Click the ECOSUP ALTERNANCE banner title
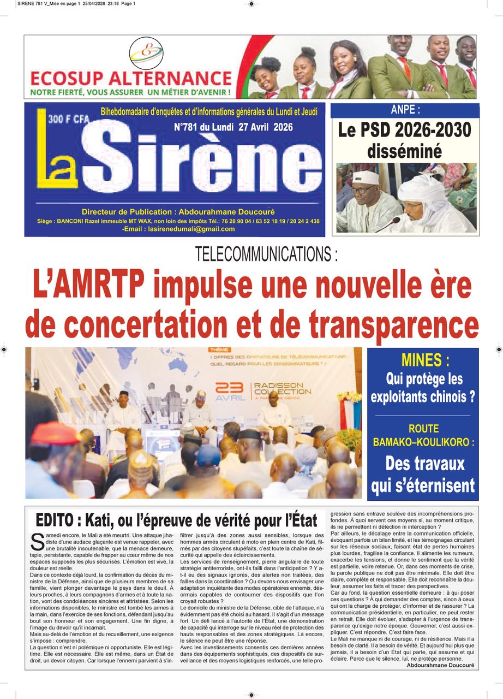[x=131, y=78]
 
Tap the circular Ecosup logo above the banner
[x=146, y=53]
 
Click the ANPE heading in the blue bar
[x=405, y=110]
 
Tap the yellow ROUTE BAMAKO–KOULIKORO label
[x=423, y=435]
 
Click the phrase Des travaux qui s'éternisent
[x=423, y=473]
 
